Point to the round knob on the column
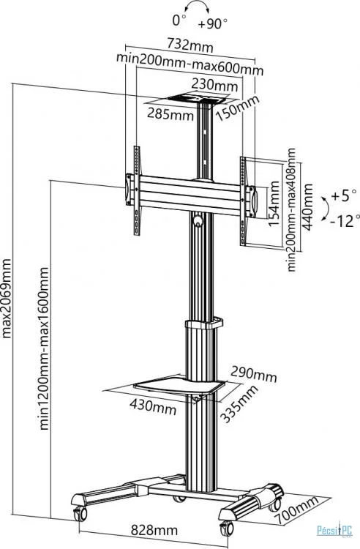tap(198, 220)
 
